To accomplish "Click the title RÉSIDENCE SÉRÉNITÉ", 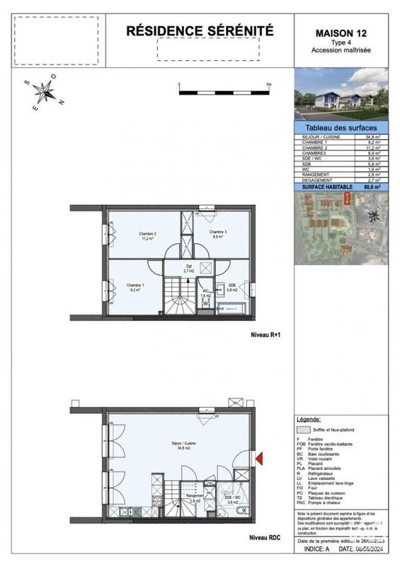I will (199, 31).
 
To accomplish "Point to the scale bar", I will (224, 91).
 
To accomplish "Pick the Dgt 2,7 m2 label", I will (189, 269).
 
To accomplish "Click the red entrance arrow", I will (259, 459).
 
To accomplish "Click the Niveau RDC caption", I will (265, 538).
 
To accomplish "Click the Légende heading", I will (309, 419).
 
